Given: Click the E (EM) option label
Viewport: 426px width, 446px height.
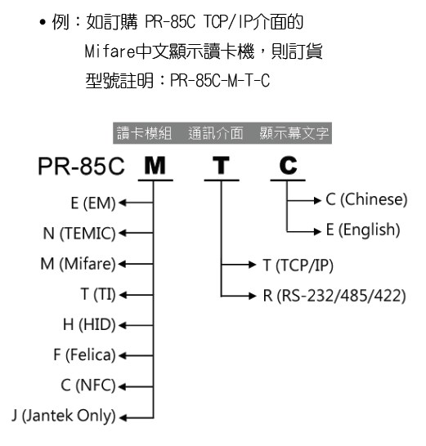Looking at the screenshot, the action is pyautogui.click(x=93, y=203).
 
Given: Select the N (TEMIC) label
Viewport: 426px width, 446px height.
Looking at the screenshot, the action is pyautogui.click(x=79, y=234).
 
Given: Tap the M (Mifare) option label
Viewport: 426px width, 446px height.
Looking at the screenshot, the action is pyautogui.click(x=78, y=264).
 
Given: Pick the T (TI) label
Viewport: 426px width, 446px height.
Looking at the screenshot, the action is pyautogui.click(x=98, y=294).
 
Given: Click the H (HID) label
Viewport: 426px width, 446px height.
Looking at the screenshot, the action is pyautogui.click(x=89, y=324).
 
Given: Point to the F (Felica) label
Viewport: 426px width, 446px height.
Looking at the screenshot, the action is pyautogui.click(x=84, y=355).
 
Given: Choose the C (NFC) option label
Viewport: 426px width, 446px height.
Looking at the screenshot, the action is pyautogui.click(x=88, y=386).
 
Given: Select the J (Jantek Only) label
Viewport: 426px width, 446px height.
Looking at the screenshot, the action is pyautogui.click(x=64, y=416).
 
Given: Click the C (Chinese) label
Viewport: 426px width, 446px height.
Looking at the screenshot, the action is pyautogui.click(x=367, y=199).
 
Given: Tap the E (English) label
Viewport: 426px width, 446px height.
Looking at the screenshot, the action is pyautogui.click(x=363, y=230).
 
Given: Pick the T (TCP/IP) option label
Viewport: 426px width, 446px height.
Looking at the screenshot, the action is pyautogui.click(x=298, y=265).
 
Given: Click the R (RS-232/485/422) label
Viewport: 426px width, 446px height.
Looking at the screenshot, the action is pyautogui.click(x=334, y=296).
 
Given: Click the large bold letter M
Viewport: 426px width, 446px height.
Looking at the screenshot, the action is pyautogui.click(x=155, y=165).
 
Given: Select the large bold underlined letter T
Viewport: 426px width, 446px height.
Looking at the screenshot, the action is pyautogui.click(x=222, y=165).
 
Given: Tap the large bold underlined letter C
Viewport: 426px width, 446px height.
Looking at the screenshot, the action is pyautogui.click(x=288, y=165).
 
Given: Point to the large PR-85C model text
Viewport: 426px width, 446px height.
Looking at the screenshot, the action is pyautogui.click(x=82, y=166).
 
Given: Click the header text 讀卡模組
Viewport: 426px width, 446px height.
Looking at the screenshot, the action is pyautogui.click(x=144, y=133).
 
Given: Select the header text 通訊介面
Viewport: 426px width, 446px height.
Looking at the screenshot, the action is pyautogui.click(x=216, y=133).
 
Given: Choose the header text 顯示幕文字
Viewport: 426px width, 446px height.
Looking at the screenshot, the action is pyautogui.click(x=294, y=133).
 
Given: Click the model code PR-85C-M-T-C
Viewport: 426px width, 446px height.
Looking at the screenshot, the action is pyautogui.click(x=220, y=81).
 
